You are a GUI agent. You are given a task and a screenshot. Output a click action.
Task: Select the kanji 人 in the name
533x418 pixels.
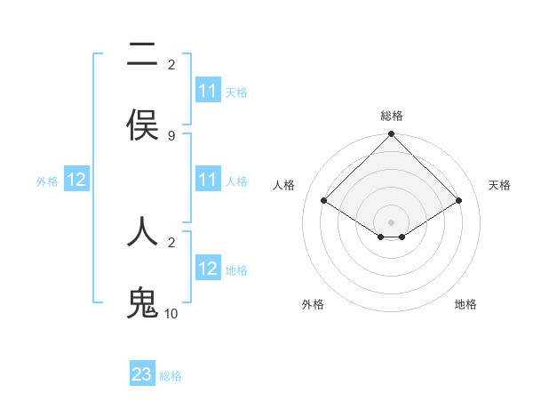tap(142, 231)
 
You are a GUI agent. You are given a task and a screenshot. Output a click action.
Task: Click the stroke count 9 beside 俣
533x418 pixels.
tap(171, 136)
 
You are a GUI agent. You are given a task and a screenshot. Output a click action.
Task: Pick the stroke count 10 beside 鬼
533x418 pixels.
tap(171, 314)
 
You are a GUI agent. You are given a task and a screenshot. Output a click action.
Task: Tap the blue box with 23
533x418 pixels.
tap(142, 374)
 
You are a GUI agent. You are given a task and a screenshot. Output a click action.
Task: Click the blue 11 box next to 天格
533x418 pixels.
tap(208, 91)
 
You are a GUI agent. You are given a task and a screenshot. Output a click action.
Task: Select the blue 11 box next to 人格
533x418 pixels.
tap(208, 180)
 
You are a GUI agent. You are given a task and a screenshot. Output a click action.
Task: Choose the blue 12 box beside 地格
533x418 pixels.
tap(208, 269)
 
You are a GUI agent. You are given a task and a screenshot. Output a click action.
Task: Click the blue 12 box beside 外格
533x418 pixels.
tap(76, 180)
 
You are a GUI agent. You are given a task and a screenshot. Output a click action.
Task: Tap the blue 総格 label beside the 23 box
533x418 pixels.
tap(171, 376)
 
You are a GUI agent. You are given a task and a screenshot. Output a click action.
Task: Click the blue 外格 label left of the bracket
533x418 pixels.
tap(47, 181)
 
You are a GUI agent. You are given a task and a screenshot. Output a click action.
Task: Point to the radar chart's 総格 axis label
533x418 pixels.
tap(392, 116)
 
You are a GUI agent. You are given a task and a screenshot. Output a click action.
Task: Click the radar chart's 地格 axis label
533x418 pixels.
tap(465, 304)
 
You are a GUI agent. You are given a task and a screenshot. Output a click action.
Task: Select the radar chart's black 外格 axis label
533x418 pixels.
tap(313, 304)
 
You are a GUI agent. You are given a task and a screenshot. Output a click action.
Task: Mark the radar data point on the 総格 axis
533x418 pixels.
tap(392, 135)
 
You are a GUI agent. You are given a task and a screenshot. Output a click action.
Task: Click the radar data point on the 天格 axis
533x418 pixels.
tap(459, 201)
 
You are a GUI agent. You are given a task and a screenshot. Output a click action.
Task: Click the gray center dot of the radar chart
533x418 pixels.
tap(392, 221)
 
